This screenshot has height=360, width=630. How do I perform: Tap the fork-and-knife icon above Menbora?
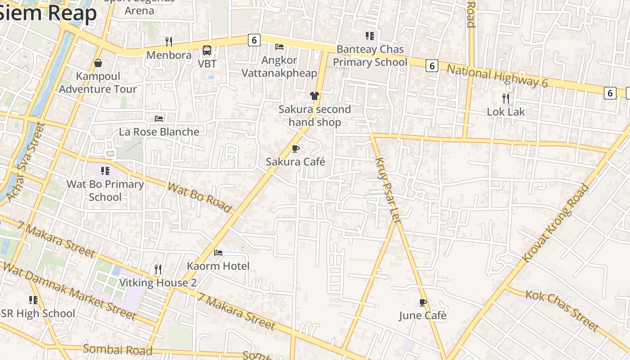pos(169,42)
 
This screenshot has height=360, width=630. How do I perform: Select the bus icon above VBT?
pos(207,50)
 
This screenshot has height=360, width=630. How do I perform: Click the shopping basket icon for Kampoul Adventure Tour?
pos(98,63)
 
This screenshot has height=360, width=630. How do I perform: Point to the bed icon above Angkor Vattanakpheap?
pos(279,47)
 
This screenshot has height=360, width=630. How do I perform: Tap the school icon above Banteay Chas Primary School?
pos(370,36)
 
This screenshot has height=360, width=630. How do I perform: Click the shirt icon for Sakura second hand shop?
pos(315,96)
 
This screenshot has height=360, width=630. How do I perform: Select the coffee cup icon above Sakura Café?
pos(296,148)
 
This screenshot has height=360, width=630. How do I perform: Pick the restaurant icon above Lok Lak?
pos(506,98)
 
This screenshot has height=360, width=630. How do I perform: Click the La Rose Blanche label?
pos(159,132)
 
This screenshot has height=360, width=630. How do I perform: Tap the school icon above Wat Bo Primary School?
pos(105,171)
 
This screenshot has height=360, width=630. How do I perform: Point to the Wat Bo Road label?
pos(199,198)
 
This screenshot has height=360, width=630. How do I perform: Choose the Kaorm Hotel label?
pos(218,266)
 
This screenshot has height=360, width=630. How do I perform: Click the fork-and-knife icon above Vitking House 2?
pos(158,269)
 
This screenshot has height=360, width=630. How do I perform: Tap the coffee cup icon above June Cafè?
pos(423,302)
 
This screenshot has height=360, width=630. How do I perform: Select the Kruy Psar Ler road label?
pos(388,190)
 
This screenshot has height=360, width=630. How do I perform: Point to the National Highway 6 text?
pos(497,76)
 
